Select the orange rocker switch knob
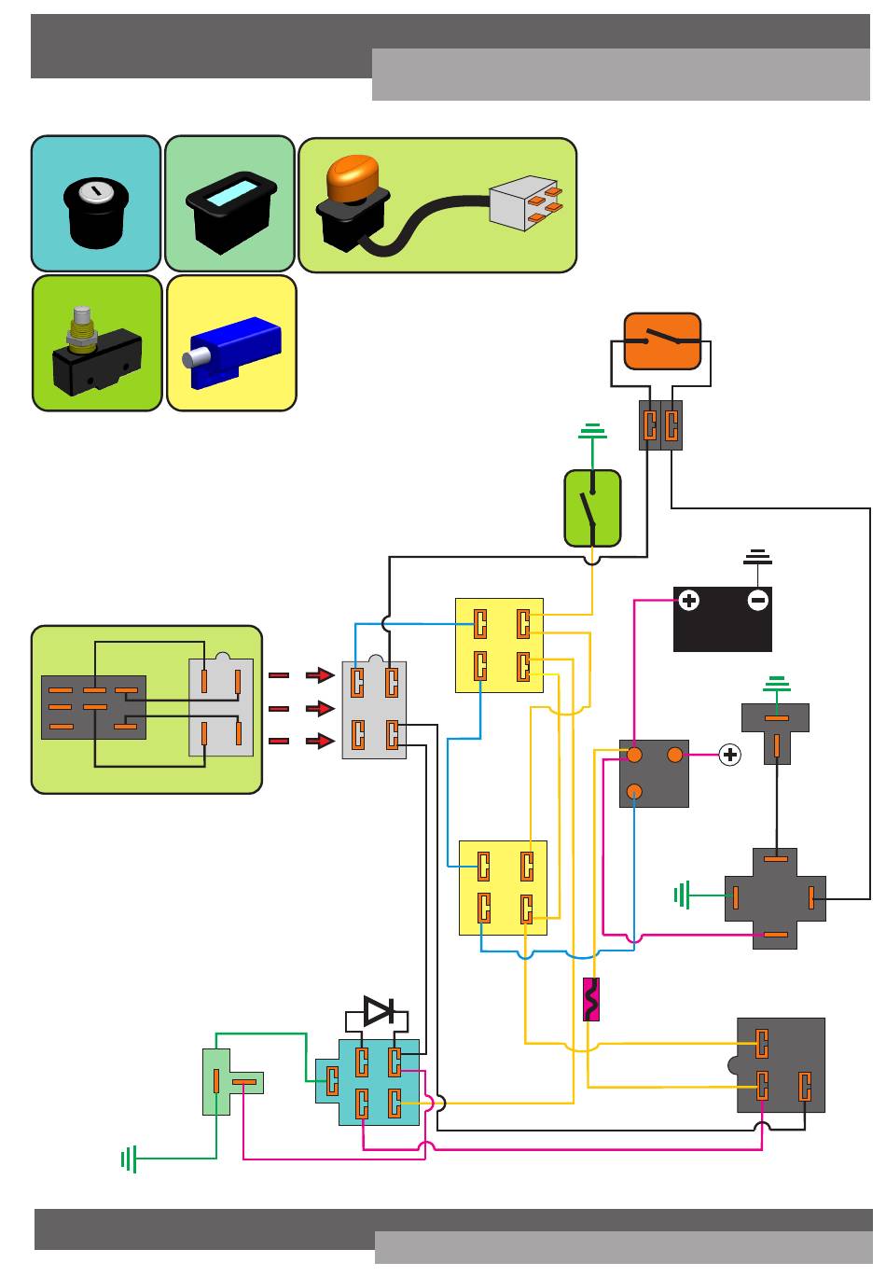(x=353, y=178)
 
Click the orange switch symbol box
(x=662, y=341)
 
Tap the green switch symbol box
(x=592, y=508)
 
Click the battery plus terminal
(x=688, y=601)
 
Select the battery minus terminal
(x=758, y=601)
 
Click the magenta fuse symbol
(x=590, y=999)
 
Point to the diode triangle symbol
(x=379, y=1010)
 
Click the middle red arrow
(x=320, y=708)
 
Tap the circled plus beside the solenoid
(x=730, y=756)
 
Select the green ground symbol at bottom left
(x=130, y=1159)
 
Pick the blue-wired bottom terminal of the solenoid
(x=634, y=792)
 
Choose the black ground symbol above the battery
(x=757, y=557)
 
